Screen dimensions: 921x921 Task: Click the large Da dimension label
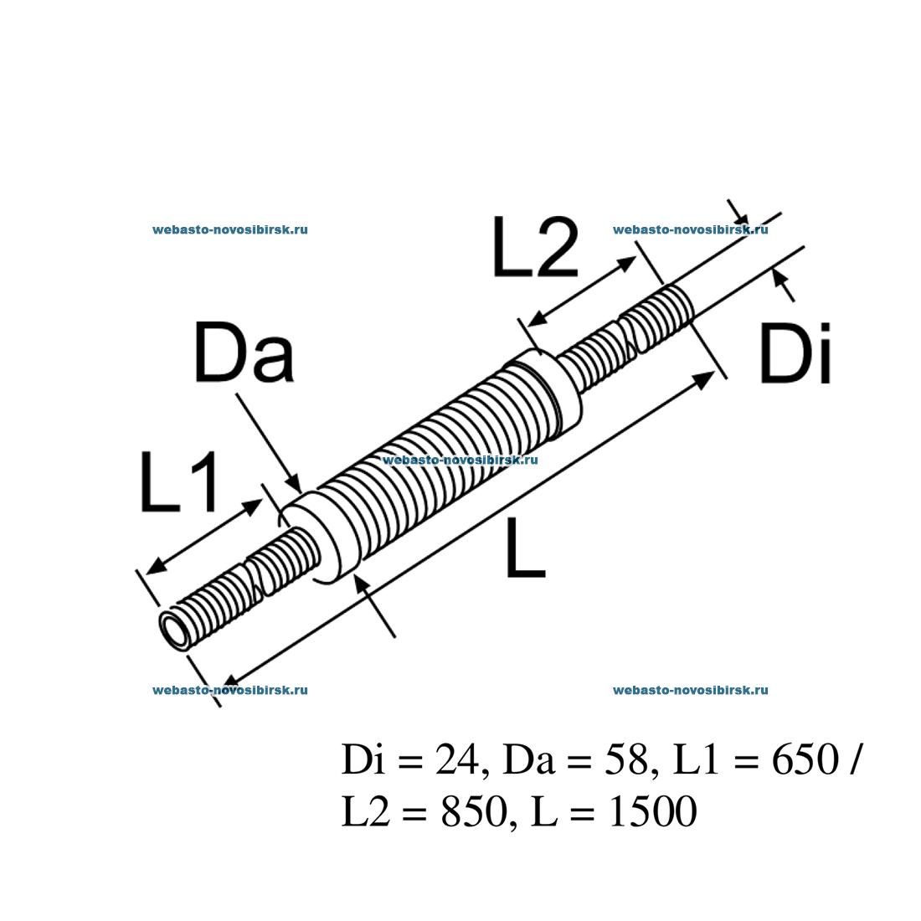[x=244, y=354]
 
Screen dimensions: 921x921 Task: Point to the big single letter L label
[x=525, y=548]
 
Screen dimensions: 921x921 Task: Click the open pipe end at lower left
[x=177, y=629]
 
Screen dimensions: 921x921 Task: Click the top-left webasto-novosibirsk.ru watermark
[x=230, y=229]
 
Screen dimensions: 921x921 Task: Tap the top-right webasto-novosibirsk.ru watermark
[x=691, y=229]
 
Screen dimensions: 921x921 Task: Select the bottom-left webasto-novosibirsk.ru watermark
[x=230, y=690]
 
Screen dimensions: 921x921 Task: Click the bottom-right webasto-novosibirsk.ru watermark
[x=691, y=690]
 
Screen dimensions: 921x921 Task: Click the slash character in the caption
[x=852, y=760]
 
